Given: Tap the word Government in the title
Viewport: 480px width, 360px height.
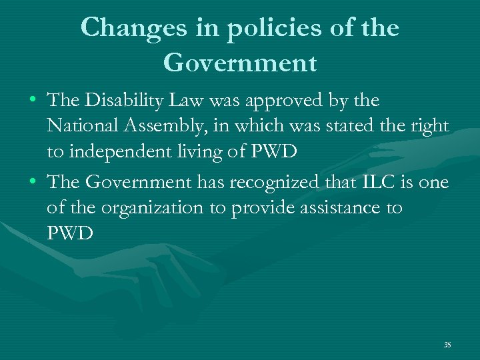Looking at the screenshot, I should (x=239, y=63).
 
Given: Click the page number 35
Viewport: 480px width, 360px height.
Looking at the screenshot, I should (x=447, y=345).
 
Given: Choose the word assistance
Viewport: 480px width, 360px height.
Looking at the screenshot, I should (x=337, y=208).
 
